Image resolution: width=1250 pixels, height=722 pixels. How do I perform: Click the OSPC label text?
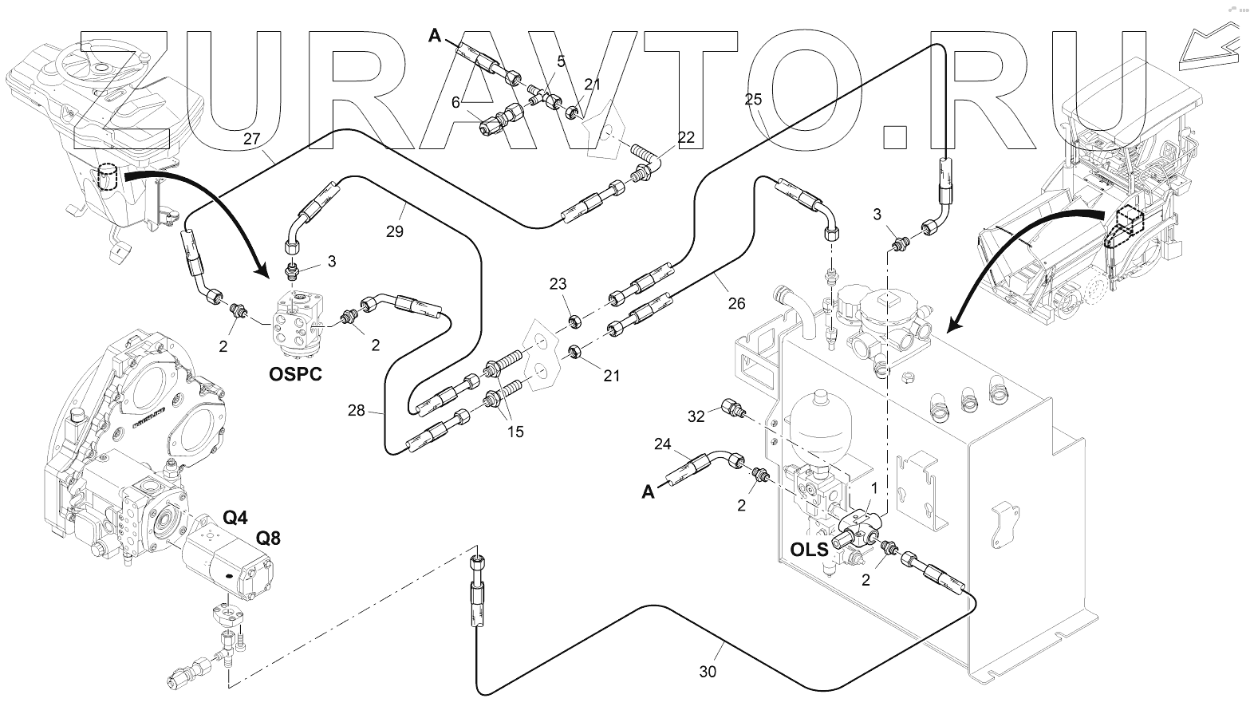tap(295, 373)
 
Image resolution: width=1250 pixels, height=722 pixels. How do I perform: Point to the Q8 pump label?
tap(268, 539)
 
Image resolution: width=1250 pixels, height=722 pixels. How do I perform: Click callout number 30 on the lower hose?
tap(708, 672)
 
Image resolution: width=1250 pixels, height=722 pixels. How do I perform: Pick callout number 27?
tap(252, 138)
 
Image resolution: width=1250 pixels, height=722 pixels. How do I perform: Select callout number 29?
tap(394, 231)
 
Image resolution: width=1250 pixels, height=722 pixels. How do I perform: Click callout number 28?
tap(357, 410)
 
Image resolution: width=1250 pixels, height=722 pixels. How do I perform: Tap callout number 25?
tap(753, 100)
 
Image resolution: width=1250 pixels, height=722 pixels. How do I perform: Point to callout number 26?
tap(736, 303)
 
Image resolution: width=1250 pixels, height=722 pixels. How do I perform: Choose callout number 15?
tap(515, 432)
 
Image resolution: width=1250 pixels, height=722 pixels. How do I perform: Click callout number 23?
tap(558, 283)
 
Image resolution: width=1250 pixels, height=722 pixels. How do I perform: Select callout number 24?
tap(664, 444)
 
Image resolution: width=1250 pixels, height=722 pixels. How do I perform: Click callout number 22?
tap(686, 137)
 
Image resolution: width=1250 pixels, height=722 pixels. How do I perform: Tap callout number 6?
tap(455, 102)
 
